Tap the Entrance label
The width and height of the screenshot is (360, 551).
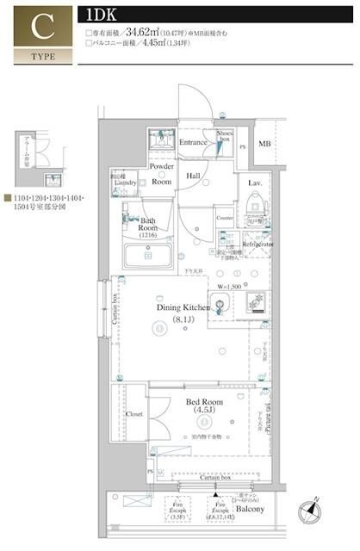tap(193, 141)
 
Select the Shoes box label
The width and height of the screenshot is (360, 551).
tap(226, 136)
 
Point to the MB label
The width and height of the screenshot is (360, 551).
tap(265, 144)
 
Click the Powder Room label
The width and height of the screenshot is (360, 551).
tap(162, 174)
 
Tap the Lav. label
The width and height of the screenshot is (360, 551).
tap(256, 183)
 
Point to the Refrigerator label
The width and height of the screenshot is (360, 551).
tap(258, 245)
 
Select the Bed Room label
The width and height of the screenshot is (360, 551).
tap(203, 402)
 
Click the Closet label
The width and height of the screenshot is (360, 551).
tap(134, 414)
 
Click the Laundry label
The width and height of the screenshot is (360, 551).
tap(125, 182)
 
